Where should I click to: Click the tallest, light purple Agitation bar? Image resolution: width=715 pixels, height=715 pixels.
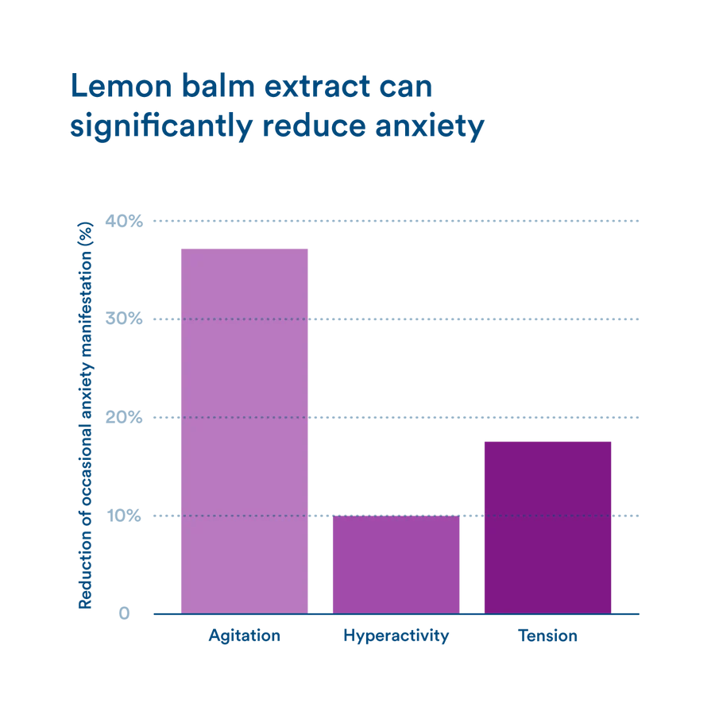click(x=244, y=429)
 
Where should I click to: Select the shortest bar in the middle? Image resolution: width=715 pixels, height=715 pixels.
click(x=396, y=564)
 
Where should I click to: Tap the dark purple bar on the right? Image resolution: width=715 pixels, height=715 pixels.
click(x=547, y=524)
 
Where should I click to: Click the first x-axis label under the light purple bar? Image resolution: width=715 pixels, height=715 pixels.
click(x=244, y=636)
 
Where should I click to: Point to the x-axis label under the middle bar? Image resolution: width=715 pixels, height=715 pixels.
click(x=396, y=636)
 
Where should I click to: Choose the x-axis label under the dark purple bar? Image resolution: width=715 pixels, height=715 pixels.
click(x=547, y=636)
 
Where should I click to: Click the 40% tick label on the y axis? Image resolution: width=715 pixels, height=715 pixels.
click(x=126, y=221)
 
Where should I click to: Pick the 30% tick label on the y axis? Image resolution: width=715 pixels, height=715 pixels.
click(x=126, y=319)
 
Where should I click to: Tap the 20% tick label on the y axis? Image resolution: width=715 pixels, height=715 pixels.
click(x=126, y=418)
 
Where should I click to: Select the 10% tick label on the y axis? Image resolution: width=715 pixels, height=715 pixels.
click(x=126, y=516)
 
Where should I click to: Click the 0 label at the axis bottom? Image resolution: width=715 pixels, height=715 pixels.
click(x=126, y=613)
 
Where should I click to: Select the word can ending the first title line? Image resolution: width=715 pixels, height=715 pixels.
click(x=405, y=87)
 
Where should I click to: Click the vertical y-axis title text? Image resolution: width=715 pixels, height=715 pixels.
click(x=83, y=421)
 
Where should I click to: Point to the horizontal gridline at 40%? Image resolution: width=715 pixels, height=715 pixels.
click(x=477, y=221)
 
